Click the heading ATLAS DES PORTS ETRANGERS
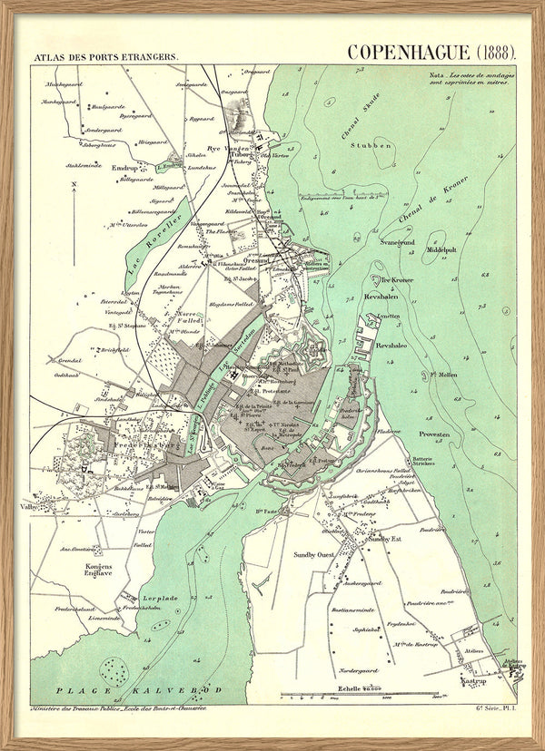[106, 56]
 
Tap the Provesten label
[434, 434]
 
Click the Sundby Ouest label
[314, 551]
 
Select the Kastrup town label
[474, 680]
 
